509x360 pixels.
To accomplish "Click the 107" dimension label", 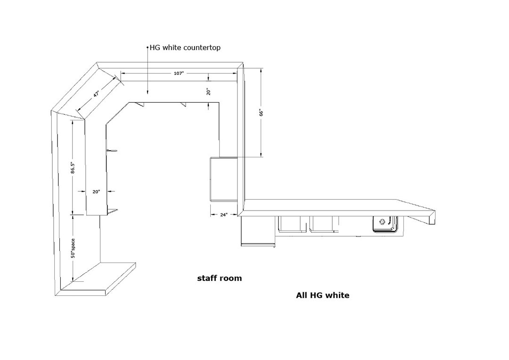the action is coord(179,74).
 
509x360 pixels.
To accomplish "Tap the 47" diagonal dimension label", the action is coord(97,94).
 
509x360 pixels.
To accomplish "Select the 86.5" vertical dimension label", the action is coord(73,167).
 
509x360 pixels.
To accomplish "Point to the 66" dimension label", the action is coord(261,113).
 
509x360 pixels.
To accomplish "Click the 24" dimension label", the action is coord(224,214).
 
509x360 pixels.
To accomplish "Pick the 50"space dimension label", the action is coord(73,248).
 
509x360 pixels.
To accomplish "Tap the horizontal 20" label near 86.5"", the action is coord(96,191).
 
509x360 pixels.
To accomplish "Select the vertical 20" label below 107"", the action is coord(208,92).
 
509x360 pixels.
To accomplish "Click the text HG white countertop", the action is coord(185,48).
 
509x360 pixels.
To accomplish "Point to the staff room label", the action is coord(220,278).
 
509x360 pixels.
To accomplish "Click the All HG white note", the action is coord(323,295).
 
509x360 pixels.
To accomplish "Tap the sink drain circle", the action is coord(382,222).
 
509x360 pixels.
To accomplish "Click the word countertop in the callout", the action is coord(202,48).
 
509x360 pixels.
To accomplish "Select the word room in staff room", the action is coord(231,278).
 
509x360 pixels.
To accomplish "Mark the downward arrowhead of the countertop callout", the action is coord(148,92).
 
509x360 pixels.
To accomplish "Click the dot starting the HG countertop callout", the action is coord(148,48).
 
